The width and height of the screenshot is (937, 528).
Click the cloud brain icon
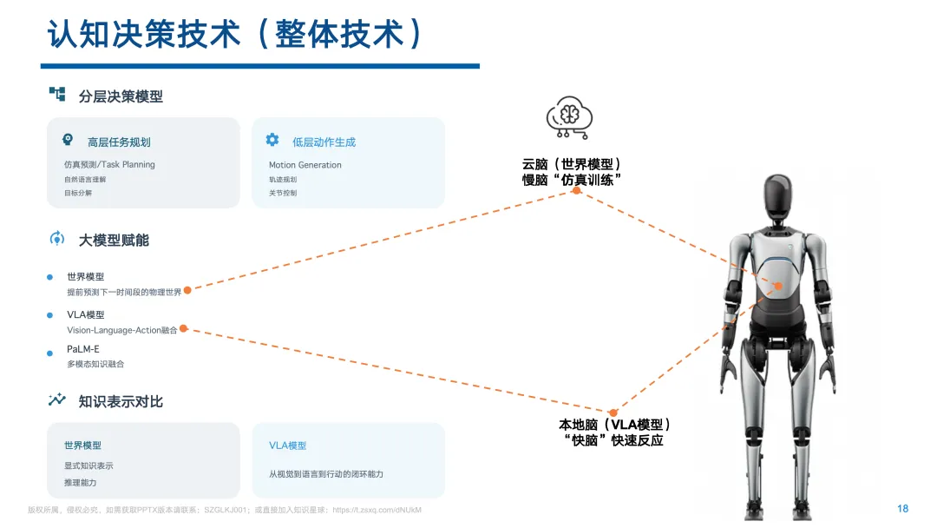(x=568, y=119)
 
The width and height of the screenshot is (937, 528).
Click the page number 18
(x=902, y=509)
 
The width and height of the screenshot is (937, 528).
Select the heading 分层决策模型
(x=121, y=96)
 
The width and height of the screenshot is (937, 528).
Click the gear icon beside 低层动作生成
(x=272, y=140)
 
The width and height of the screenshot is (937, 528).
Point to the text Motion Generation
(x=305, y=165)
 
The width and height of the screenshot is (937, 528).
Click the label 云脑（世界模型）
(x=573, y=164)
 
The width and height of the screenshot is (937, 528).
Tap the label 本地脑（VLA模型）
(x=614, y=425)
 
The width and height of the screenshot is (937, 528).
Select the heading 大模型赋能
(x=114, y=240)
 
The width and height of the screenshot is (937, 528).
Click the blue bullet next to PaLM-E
(x=49, y=352)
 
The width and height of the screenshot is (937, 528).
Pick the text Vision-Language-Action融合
(x=122, y=330)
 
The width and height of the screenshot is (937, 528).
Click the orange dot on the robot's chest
(x=778, y=286)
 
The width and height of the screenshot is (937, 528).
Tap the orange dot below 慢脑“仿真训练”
(x=576, y=190)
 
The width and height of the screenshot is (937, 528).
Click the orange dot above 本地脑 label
(x=613, y=412)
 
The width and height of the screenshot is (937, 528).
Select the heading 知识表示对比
(x=121, y=401)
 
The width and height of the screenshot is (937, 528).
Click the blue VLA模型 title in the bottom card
(x=287, y=445)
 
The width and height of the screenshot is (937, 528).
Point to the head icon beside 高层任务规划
(x=68, y=140)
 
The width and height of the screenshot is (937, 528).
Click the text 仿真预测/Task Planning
(x=109, y=165)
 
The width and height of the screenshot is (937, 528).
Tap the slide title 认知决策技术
(x=143, y=35)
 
